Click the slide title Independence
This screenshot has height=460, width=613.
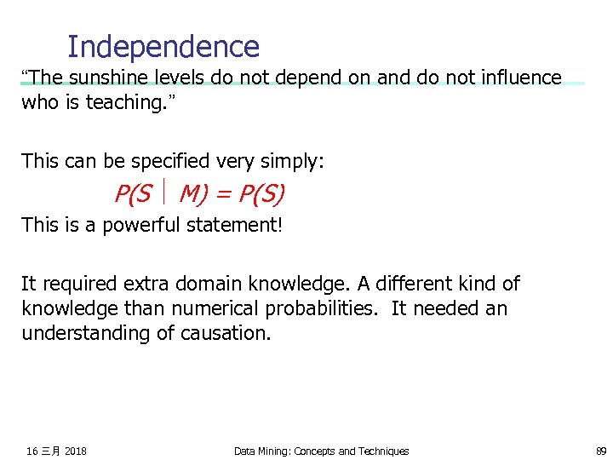pos(163,46)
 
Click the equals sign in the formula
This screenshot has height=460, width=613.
pos(223,195)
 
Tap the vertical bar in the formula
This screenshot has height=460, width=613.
pos(165,195)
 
